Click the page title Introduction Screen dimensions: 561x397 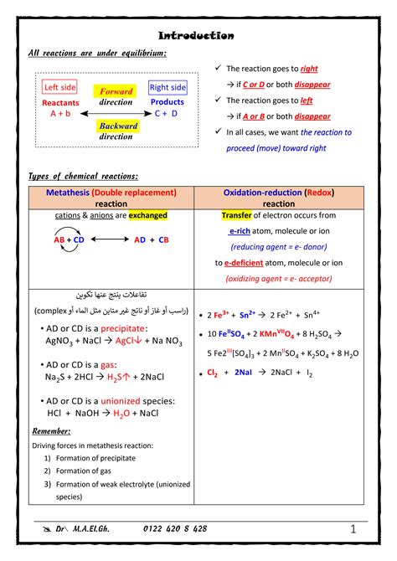(197, 36)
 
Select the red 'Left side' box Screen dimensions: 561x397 (59, 87)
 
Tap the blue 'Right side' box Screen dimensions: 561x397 (168, 87)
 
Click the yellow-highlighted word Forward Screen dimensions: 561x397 (116, 91)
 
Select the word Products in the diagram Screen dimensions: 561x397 (168, 102)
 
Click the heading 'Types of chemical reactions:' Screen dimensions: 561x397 (83, 176)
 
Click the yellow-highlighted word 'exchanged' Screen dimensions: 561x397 (147, 215)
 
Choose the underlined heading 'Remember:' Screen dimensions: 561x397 (51, 431)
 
